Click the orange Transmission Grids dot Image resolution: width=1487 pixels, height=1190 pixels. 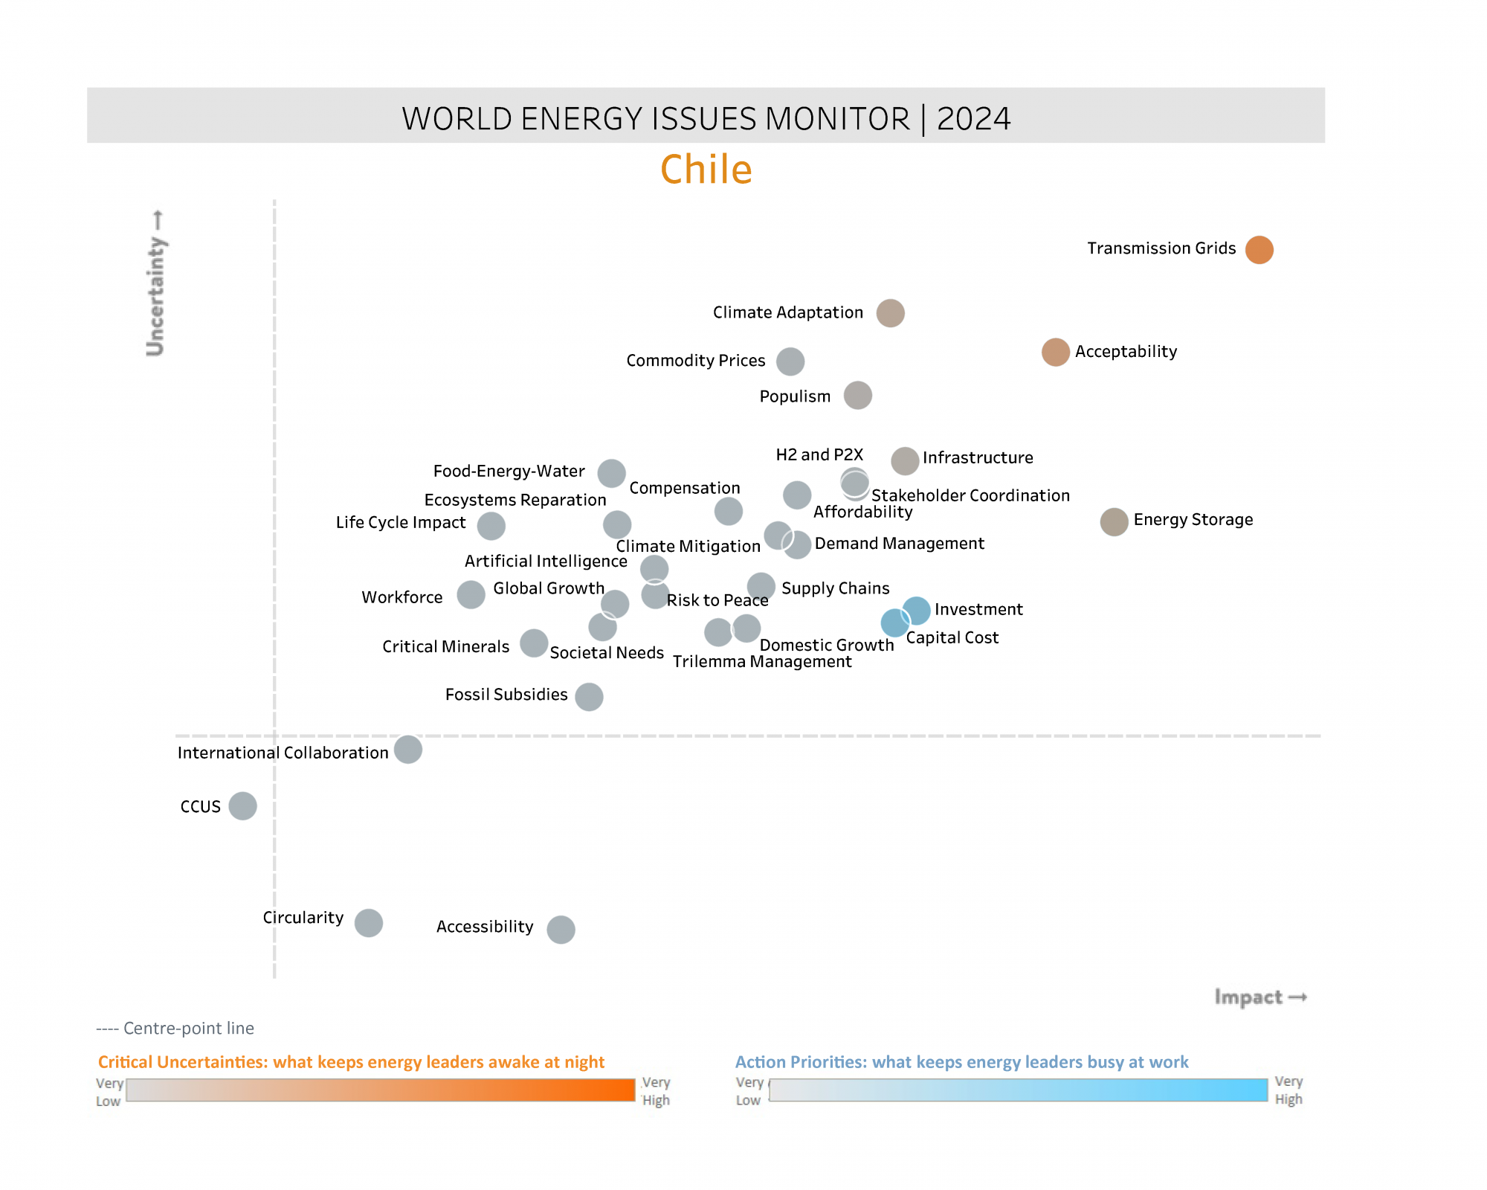(x=1259, y=250)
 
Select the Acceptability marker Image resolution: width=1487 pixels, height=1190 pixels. (x=1055, y=352)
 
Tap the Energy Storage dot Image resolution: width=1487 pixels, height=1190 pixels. (x=1114, y=522)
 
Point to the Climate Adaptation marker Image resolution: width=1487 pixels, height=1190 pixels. (x=890, y=313)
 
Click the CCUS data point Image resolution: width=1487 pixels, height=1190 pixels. (x=242, y=805)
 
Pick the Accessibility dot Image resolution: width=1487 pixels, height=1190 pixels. (x=561, y=929)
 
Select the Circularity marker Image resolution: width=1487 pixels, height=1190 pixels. (x=368, y=923)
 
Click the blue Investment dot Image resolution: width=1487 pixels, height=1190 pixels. (x=917, y=610)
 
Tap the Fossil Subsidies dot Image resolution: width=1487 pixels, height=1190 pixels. (x=589, y=697)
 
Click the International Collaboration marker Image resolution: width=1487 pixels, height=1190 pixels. (x=407, y=750)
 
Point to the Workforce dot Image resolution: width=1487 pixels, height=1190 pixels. (x=471, y=595)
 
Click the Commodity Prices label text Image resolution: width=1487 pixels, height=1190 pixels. (x=695, y=361)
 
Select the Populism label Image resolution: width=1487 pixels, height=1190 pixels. (x=795, y=396)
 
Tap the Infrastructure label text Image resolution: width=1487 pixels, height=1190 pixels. (x=977, y=458)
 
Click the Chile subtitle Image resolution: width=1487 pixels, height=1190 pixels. (x=706, y=170)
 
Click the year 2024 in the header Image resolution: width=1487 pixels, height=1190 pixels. (x=973, y=119)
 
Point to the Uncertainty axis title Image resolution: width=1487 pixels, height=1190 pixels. (x=155, y=283)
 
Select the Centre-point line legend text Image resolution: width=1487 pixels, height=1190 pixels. (x=175, y=1029)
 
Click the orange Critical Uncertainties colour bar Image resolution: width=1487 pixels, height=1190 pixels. (x=381, y=1090)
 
